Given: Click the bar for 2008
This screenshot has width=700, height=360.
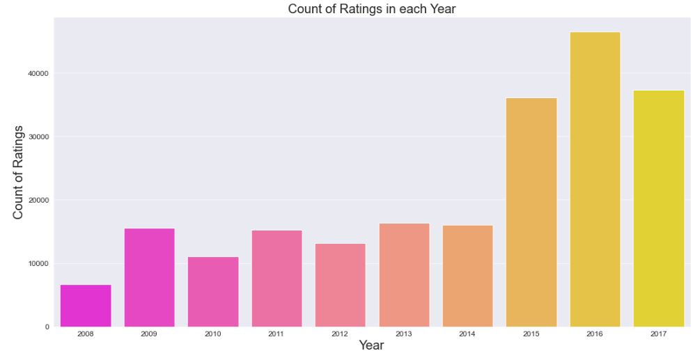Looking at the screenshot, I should point(86,306).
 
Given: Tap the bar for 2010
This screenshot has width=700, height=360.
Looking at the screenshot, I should point(213,292).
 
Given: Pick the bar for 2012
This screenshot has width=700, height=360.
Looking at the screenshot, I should point(340,285).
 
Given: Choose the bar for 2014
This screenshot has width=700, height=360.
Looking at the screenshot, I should point(467,276).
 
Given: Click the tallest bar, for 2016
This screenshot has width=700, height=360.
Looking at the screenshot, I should point(595,180).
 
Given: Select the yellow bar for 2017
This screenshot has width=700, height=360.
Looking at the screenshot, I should point(659,208).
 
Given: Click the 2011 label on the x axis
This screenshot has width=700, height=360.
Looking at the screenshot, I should point(277,335).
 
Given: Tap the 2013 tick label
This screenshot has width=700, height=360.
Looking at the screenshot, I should point(404,335).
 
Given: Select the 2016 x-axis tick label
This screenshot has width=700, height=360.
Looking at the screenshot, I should point(595,335).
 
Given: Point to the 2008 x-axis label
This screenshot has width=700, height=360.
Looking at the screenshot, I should point(86,335).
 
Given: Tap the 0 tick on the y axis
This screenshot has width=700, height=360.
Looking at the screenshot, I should point(46,327).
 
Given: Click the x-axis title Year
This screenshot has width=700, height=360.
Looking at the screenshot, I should point(371,346).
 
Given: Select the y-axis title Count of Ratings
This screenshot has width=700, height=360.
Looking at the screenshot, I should point(19,172).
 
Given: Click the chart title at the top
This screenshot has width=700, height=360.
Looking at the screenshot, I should point(372,9).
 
